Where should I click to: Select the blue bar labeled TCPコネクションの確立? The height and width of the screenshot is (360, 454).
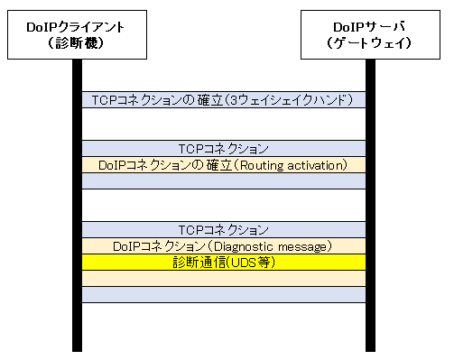coord(150,100)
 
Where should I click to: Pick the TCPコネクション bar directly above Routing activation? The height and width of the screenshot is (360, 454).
coord(222,148)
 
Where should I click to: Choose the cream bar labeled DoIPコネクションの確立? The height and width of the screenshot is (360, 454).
coord(150,164)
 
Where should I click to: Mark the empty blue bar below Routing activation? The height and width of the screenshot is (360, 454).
coord(222,181)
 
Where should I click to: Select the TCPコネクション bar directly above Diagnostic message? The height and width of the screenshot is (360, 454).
coord(222,230)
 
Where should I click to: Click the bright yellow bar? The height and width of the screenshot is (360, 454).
coord(120,262)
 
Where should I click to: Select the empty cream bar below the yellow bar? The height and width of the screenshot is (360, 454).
coord(222,279)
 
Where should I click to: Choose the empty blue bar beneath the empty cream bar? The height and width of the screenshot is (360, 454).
coord(222,295)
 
